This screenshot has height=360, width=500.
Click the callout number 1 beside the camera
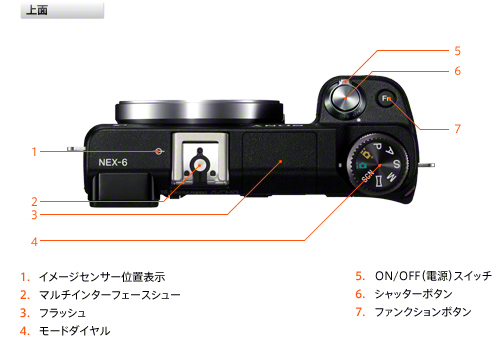[x=33, y=152]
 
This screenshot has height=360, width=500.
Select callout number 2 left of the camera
[x=33, y=200]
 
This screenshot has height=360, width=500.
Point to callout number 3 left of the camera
[x=33, y=214]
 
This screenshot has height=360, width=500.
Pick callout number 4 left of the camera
[x=33, y=241]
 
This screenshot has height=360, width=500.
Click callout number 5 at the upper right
[x=457, y=50]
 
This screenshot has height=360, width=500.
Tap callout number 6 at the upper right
[x=457, y=71]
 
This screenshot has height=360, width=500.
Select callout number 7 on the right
[x=457, y=128]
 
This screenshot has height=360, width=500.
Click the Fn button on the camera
[x=388, y=99]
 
